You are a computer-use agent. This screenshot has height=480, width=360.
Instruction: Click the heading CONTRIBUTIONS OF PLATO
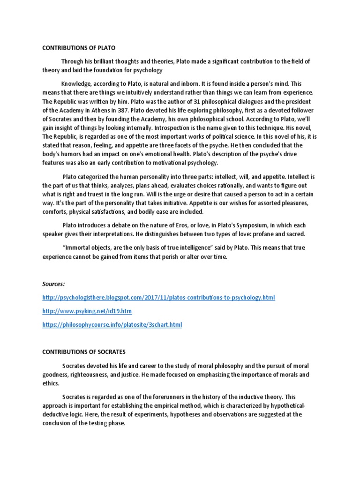79,48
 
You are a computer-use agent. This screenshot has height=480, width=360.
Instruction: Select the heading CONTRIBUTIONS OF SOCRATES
84,352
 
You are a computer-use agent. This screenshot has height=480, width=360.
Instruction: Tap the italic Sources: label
54,284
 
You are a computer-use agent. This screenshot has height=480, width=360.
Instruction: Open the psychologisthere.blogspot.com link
158,298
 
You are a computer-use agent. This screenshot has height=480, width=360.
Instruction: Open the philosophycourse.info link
112,325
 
